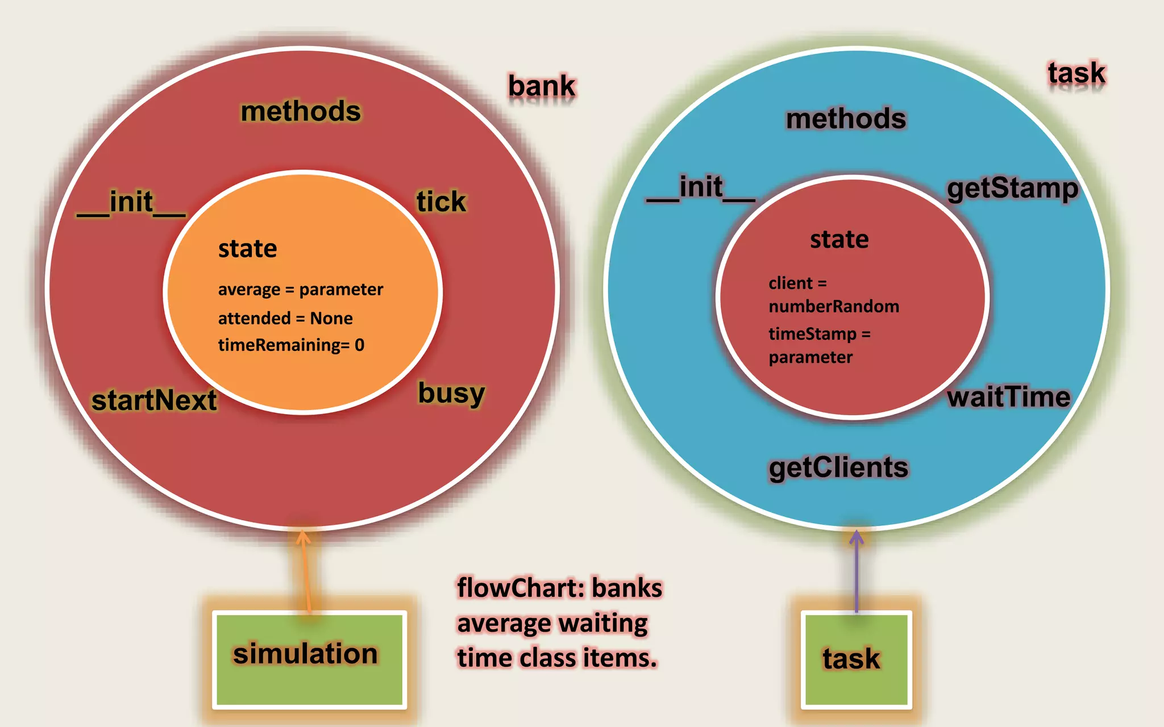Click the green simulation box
(x=309, y=659)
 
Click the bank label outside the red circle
(x=541, y=86)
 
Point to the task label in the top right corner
(x=1076, y=73)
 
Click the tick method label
(x=441, y=202)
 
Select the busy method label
(x=451, y=393)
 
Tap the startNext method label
(x=154, y=400)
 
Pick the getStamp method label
(x=1012, y=189)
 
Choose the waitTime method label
(x=1008, y=397)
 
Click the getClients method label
(x=838, y=467)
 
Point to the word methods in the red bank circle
(x=301, y=111)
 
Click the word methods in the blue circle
(x=846, y=119)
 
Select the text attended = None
(x=285, y=318)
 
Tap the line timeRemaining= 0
(x=291, y=345)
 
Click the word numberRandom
(x=834, y=307)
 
